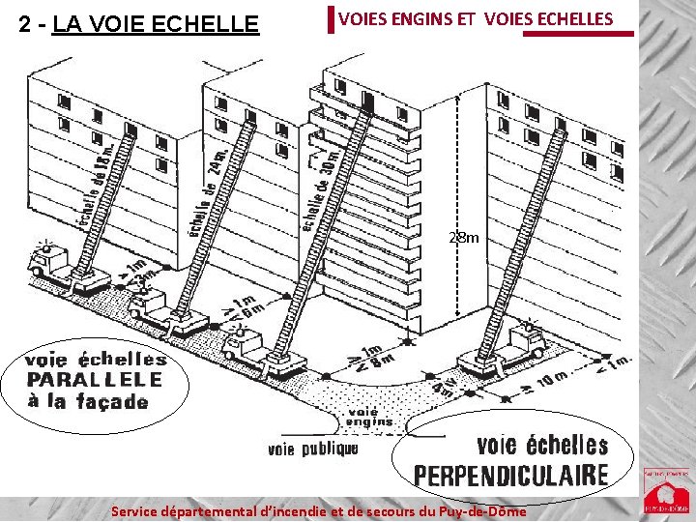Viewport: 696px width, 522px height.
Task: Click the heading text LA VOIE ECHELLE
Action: (x=156, y=23)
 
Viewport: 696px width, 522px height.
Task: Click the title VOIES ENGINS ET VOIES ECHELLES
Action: (x=476, y=18)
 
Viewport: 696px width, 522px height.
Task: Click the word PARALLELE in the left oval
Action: (x=95, y=379)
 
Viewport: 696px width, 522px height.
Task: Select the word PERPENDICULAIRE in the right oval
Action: (x=511, y=476)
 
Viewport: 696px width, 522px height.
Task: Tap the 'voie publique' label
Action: (x=312, y=449)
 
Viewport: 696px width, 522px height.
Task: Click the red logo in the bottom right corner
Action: (x=666, y=491)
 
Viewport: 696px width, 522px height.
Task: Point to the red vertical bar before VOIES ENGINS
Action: (x=330, y=19)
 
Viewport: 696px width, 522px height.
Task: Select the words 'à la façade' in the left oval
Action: (x=88, y=400)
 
